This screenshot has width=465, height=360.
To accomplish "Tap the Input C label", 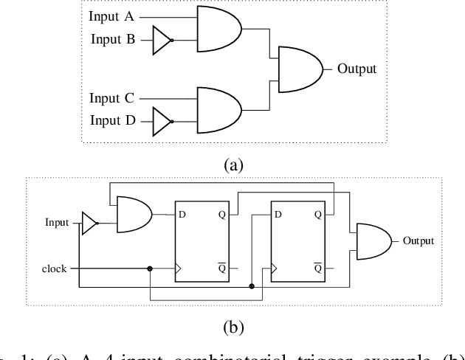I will [112, 97].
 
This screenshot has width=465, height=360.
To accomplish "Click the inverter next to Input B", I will [162, 40].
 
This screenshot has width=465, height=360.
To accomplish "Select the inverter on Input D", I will [162, 121].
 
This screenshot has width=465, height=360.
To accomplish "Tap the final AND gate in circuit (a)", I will [298, 69].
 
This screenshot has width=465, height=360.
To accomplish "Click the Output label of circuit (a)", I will [356, 69].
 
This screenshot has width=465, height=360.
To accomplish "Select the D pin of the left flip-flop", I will [181, 215].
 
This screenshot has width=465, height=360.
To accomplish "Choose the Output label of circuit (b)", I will [418, 240].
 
